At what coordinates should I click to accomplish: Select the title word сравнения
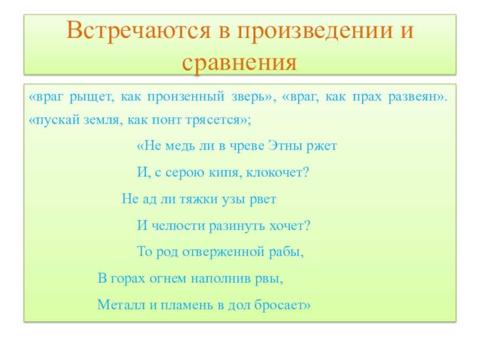point(239,64)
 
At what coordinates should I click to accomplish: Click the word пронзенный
point(186,97)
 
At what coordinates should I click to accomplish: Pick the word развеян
point(416,97)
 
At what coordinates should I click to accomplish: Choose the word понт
point(166,120)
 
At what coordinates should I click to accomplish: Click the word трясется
point(214,120)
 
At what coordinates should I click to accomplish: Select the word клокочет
point(275,173)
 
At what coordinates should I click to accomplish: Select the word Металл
point(121,305)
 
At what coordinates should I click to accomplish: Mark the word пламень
point(187,305)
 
